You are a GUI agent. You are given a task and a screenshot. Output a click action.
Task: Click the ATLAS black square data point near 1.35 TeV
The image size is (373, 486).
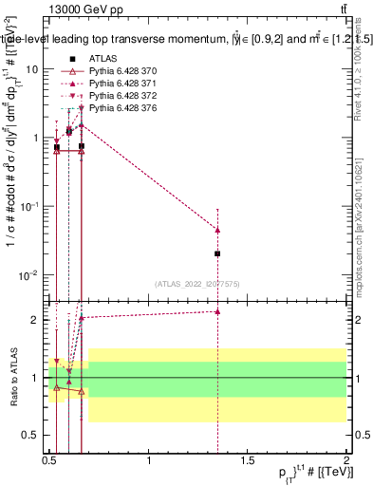point(218,253)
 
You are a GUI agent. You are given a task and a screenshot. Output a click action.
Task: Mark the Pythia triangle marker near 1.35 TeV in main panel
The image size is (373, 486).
point(218,230)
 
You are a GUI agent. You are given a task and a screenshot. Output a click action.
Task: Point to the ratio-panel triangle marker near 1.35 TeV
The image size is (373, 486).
point(218,311)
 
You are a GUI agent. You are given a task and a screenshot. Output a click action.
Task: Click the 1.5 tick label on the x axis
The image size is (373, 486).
point(248,460)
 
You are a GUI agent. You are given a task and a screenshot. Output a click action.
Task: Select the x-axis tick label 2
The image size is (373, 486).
point(346,460)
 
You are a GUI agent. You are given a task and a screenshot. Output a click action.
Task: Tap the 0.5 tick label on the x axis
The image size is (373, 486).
point(49,460)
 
